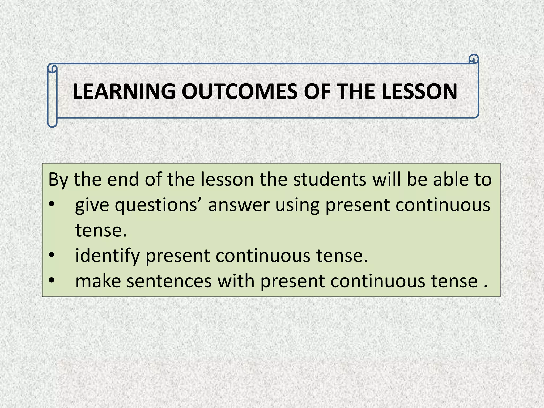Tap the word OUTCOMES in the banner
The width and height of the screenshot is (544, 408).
click(x=239, y=92)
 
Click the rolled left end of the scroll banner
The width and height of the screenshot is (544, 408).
click(x=52, y=96)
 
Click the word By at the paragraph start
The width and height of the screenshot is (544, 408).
click(x=58, y=180)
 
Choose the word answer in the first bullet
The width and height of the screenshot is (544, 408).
click(x=239, y=205)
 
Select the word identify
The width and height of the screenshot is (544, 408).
click(x=107, y=256)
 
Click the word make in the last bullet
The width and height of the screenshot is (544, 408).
click(x=98, y=281)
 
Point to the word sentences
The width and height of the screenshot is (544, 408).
click(x=169, y=281)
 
